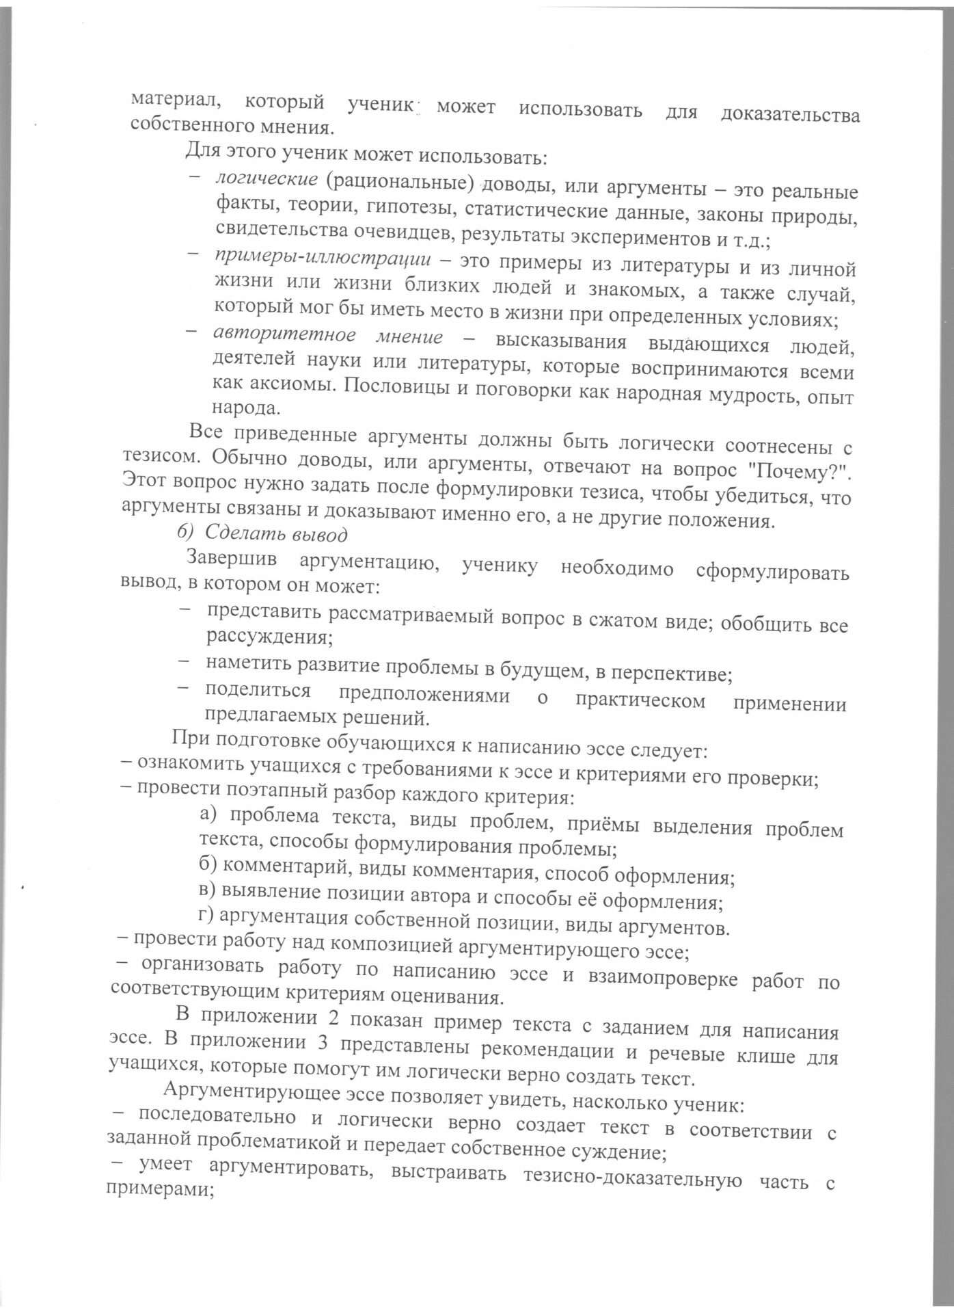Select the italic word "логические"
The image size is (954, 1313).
click(267, 180)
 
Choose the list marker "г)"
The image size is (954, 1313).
click(205, 916)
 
